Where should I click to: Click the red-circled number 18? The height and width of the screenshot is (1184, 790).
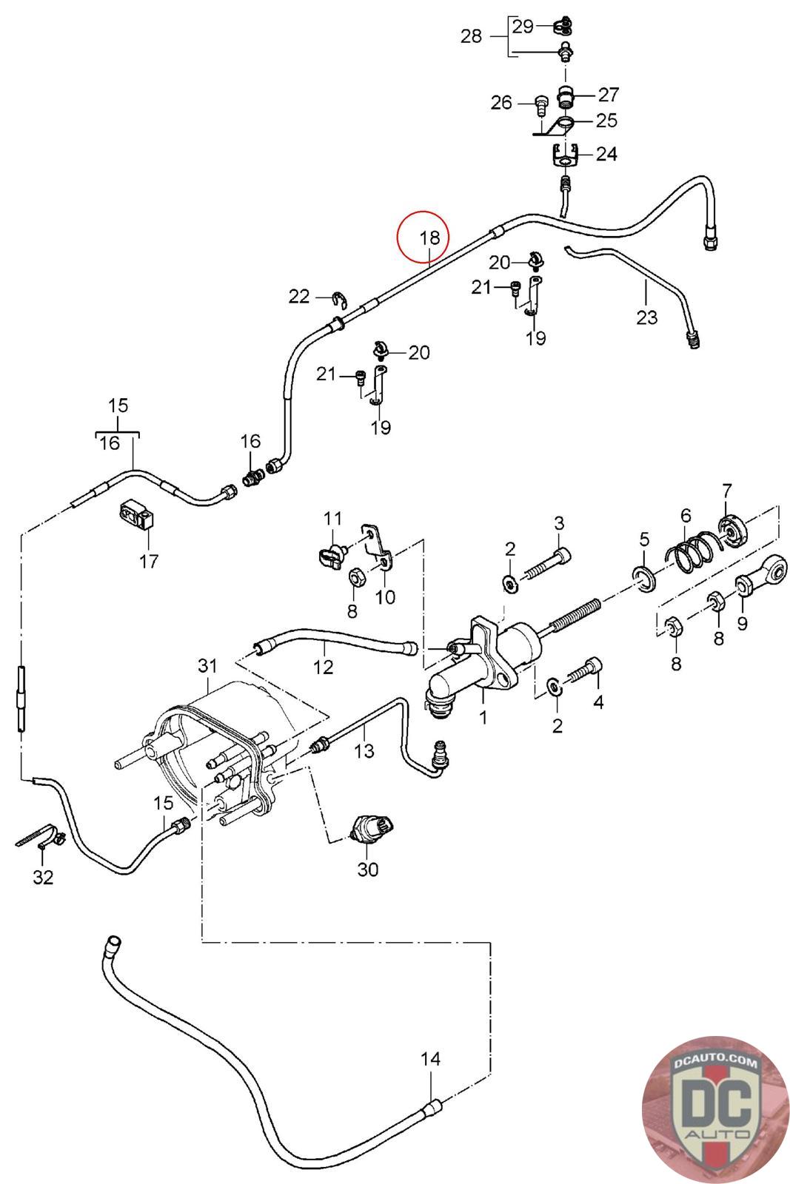click(429, 238)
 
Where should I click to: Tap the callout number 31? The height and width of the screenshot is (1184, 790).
click(207, 665)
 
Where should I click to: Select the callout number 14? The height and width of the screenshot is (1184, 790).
click(430, 1059)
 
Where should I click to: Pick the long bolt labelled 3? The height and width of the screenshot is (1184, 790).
click(549, 562)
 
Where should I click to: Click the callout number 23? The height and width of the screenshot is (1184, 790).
click(646, 317)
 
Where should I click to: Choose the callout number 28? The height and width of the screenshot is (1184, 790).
click(471, 36)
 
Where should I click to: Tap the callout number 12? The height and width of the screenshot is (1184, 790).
click(324, 666)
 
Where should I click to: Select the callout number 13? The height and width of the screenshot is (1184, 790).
click(364, 750)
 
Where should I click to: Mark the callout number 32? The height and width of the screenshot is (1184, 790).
click(44, 878)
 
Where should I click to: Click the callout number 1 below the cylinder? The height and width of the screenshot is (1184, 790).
click(483, 717)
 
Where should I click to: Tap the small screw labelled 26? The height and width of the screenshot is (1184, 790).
click(540, 104)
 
